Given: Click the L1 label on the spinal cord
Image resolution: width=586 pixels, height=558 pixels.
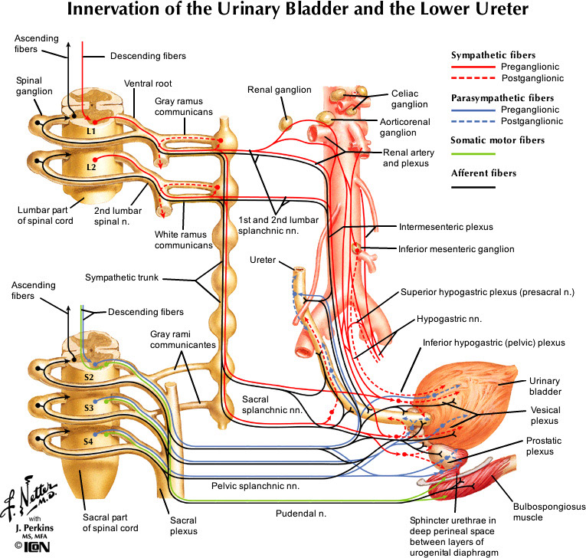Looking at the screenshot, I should click(91, 131).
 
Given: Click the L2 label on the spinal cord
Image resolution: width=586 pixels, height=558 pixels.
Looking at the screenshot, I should click(91, 166).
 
